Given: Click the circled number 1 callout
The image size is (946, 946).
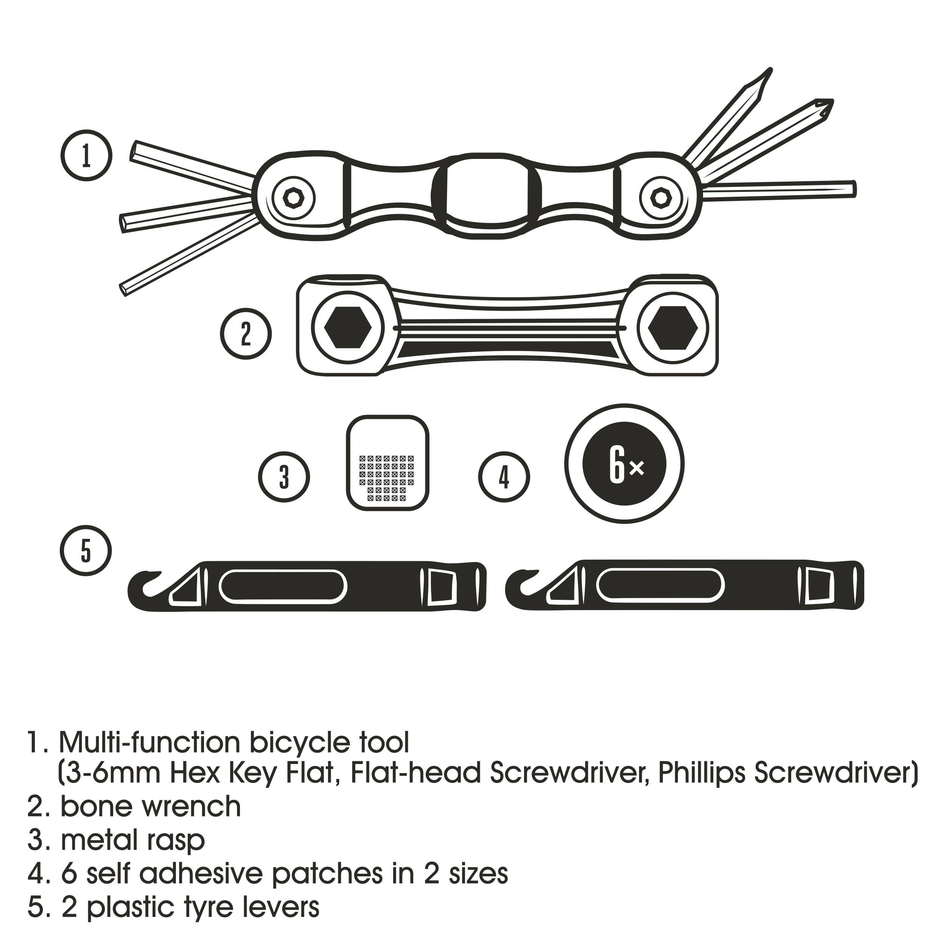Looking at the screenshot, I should [87, 155].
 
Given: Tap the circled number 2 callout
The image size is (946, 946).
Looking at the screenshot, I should [245, 333].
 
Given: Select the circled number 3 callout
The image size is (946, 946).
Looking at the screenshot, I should [284, 476].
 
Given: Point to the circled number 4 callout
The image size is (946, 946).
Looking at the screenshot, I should [504, 476].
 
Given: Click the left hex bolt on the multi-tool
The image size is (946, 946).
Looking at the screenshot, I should [293, 198].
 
